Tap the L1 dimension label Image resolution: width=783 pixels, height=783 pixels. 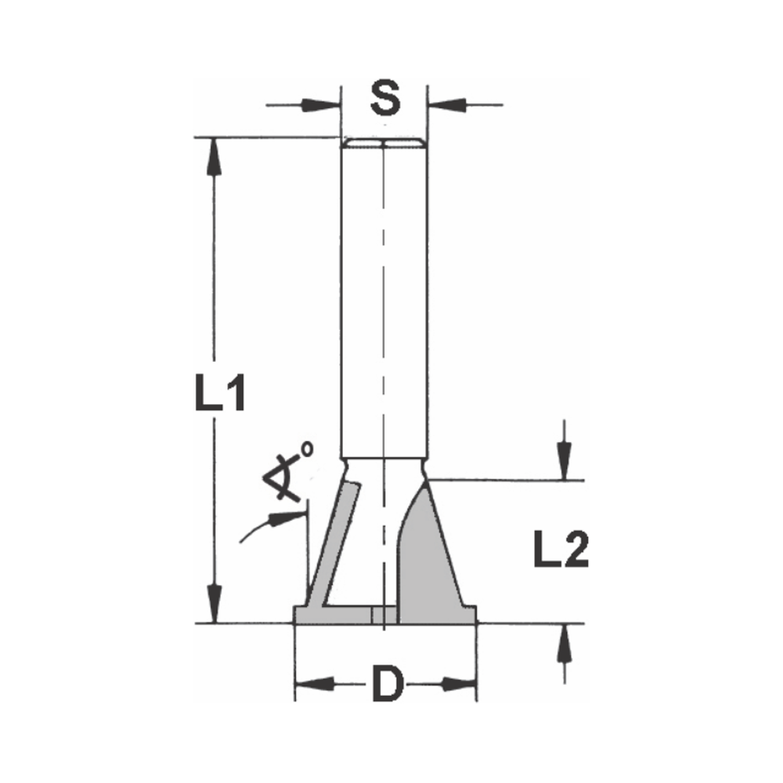(x=220, y=394)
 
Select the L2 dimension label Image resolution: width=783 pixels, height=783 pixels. (x=560, y=551)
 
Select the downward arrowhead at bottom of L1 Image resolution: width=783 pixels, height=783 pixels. (x=211, y=603)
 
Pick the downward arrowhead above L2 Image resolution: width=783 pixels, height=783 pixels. (x=563, y=457)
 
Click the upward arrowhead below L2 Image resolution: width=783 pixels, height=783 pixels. (x=563, y=647)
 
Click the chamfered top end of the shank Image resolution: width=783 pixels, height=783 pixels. (x=384, y=143)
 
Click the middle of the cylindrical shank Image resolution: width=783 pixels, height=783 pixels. (x=384, y=298)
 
